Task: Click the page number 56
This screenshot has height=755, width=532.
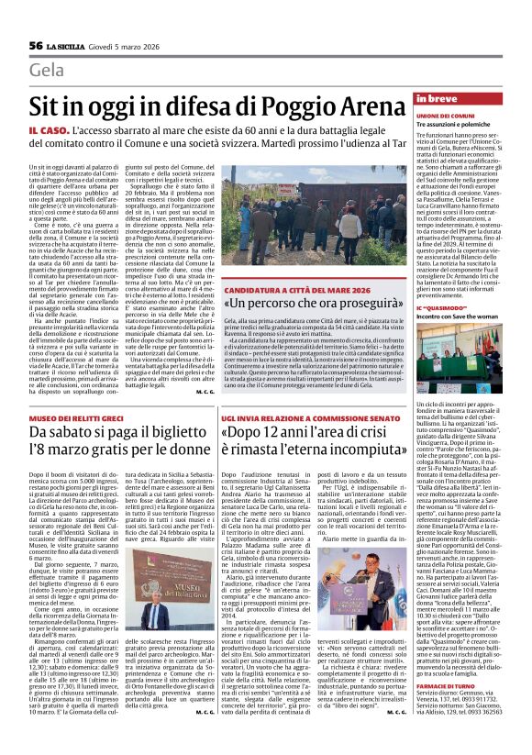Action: point(36,45)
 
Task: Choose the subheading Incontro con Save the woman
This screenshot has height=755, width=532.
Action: point(460,316)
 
